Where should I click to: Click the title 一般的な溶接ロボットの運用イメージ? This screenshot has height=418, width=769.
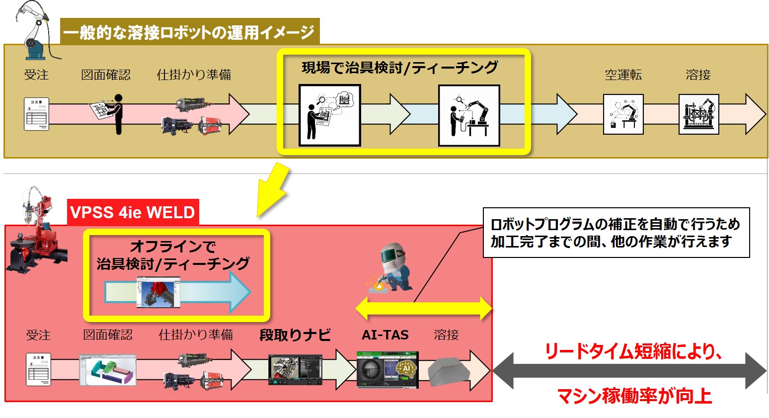coord(189,32)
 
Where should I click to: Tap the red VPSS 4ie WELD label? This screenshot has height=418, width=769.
coord(133,212)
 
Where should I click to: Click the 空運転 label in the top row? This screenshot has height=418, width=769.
coord(623,75)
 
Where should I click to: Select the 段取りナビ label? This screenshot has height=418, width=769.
coord(295,335)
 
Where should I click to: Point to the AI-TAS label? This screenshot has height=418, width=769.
coord(385,335)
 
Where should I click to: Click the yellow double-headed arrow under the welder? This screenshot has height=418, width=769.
coord(424,309)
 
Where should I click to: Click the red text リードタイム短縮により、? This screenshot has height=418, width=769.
coord(633,351)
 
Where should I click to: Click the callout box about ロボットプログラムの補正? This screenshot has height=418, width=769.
coord(615,233)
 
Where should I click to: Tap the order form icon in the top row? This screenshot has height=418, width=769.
coord(37,114)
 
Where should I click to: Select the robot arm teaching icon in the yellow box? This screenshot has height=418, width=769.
coord(469,116)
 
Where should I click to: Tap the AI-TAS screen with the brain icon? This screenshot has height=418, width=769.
coord(387,370)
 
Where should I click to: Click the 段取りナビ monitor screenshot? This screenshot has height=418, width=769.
coord(295,370)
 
